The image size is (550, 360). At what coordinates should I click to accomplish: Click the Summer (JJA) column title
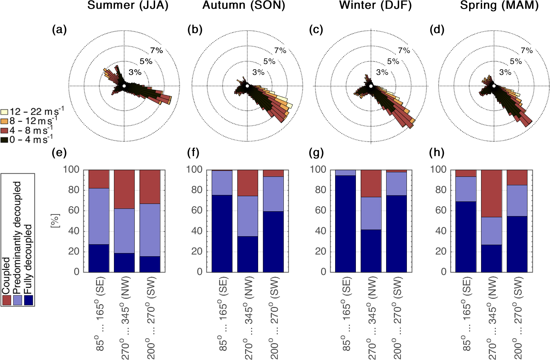[128, 6]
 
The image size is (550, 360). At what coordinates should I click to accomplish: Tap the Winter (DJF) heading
[375, 6]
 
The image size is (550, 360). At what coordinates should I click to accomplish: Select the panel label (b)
[195, 30]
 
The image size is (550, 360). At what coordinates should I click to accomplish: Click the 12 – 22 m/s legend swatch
[4, 112]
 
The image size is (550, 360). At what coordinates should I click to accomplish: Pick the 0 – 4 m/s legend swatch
[4, 140]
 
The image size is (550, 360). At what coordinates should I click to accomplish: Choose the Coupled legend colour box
[6, 300]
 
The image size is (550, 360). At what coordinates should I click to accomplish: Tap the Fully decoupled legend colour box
[28, 300]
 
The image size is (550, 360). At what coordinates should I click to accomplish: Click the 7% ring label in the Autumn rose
[280, 51]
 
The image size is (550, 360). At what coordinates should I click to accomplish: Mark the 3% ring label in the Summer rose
[135, 72]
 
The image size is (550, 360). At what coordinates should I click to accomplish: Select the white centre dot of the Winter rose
[371, 86]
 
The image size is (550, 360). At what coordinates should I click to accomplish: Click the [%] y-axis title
[55, 220]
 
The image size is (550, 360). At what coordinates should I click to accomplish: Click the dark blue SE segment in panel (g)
[345, 223]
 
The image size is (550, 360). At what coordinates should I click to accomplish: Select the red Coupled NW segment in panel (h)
[491, 193]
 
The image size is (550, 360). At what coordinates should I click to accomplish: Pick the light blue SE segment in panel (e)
[98, 216]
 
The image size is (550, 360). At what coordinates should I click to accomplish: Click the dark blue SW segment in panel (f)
[273, 241]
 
